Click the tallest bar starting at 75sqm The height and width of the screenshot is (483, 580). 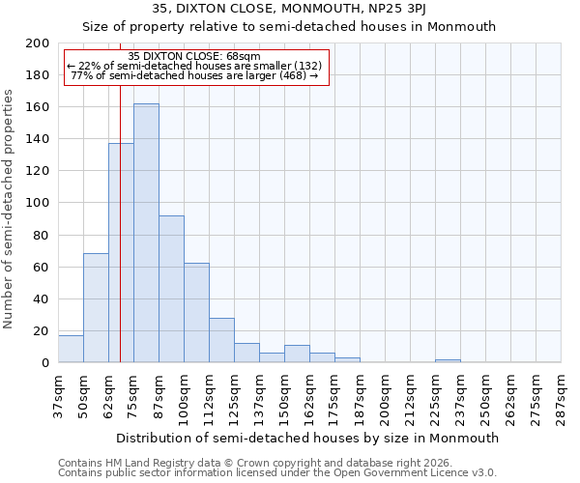(x=146, y=233)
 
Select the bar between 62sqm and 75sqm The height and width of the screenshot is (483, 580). (x=121, y=252)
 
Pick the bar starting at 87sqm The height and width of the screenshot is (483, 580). (x=171, y=289)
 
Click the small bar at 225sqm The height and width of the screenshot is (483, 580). (x=448, y=360)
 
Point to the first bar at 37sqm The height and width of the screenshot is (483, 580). (x=71, y=349)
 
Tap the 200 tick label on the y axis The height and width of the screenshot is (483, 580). (x=38, y=43)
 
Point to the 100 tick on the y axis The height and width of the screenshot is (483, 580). (x=38, y=203)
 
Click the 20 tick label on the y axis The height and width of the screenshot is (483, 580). (x=42, y=330)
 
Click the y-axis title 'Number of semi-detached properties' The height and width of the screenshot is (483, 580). (x=10, y=209)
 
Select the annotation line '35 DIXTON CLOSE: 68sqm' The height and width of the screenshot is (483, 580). (x=193, y=56)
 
